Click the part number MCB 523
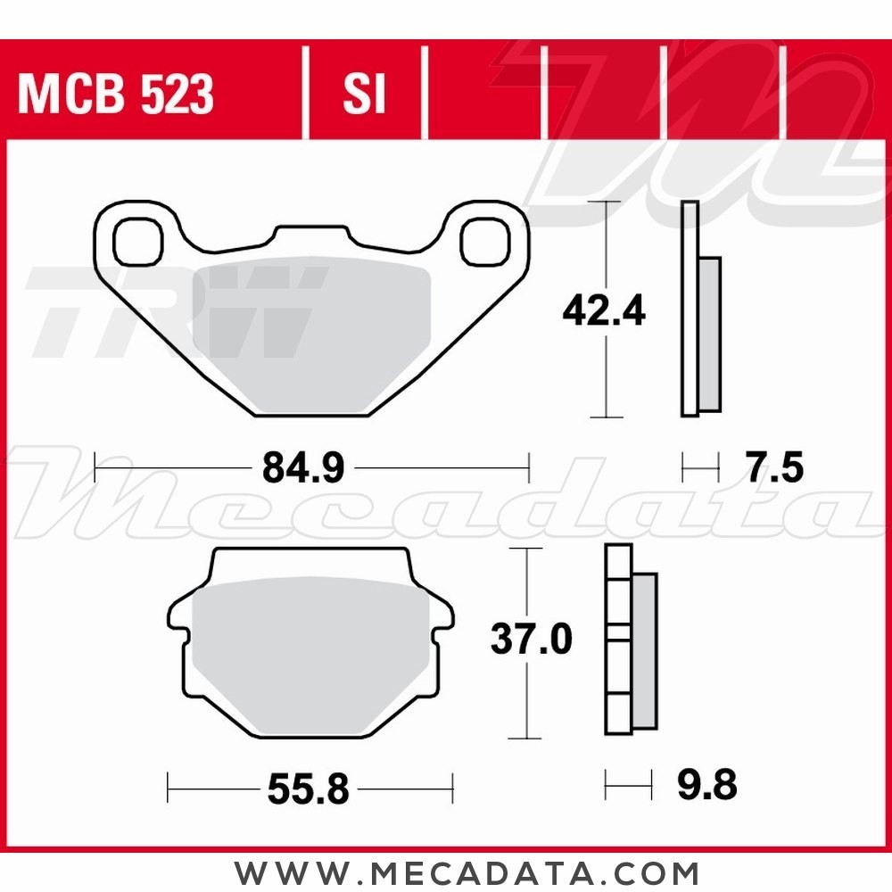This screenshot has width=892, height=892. coord(116,94)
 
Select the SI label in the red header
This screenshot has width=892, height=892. coord(364,94)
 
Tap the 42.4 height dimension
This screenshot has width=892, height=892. coord(604,311)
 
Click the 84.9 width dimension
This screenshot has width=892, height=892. coord(303,467)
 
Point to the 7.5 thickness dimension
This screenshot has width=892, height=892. coord(775,467)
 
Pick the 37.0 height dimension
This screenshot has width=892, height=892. coord(532,640)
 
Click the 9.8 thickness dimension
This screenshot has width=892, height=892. coord(707,787)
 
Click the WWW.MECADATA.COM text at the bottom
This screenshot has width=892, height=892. coord(467,871)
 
